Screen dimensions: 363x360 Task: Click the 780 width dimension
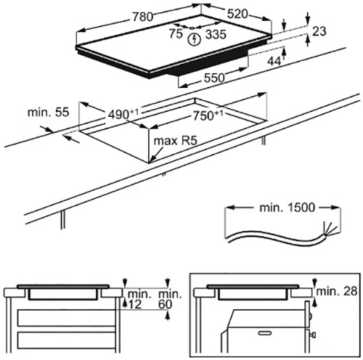(143, 17)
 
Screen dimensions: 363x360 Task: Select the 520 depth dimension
(237, 15)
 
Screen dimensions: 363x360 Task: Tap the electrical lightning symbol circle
(195, 39)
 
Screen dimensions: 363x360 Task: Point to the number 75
(176, 33)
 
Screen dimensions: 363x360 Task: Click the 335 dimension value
(216, 34)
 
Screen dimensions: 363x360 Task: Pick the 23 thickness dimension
(319, 31)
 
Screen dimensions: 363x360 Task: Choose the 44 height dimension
(274, 62)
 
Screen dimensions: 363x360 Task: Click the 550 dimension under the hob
(214, 78)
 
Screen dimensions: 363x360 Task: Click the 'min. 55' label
(49, 112)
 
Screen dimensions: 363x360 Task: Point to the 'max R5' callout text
(176, 141)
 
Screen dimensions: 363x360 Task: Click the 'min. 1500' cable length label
(287, 208)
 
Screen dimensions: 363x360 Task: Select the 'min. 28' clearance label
(337, 291)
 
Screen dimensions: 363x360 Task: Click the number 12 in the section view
(134, 304)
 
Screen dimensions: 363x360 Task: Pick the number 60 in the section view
(165, 304)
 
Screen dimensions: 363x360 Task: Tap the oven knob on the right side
(314, 335)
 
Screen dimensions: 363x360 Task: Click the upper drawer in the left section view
(66, 318)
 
